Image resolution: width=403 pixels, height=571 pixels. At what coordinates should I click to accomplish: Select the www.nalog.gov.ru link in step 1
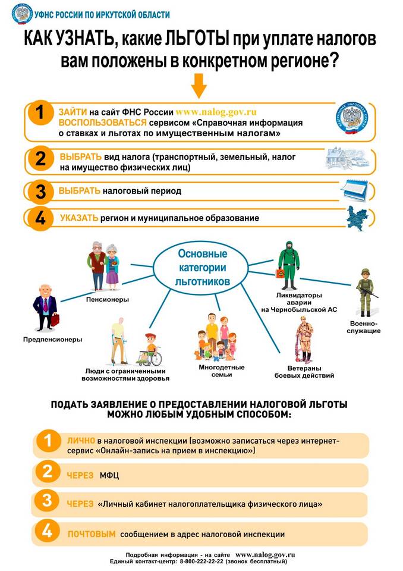(x=216, y=111)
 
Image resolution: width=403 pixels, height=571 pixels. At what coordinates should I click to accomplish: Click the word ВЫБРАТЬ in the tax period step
(x=79, y=191)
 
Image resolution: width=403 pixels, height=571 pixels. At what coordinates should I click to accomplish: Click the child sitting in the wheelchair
(x=149, y=348)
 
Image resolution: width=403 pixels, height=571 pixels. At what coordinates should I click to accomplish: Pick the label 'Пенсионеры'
(x=108, y=299)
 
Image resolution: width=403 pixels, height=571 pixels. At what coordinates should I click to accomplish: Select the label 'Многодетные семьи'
(x=222, y=371)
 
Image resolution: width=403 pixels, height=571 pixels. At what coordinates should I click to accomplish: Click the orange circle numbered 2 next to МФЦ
(x=45, y=472)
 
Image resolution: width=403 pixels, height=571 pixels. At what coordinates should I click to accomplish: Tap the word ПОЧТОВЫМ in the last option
(x=91, y=534)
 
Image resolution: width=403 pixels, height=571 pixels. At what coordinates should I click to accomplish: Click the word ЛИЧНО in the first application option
(x=81, y=441)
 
